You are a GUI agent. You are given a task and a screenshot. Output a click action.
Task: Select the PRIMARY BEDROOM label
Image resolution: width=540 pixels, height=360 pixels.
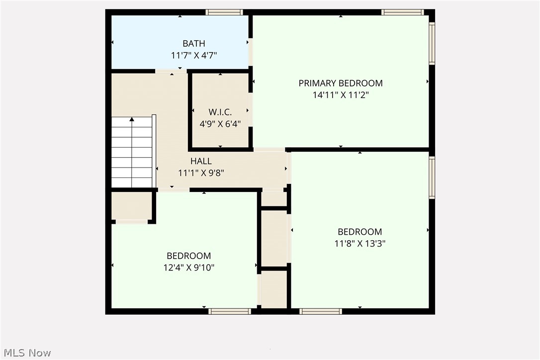(341, 83)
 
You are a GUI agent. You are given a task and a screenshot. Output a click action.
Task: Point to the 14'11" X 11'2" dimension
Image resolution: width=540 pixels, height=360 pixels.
(341, 95)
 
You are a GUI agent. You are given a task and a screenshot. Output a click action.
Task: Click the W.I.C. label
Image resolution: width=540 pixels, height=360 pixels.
(220, 112)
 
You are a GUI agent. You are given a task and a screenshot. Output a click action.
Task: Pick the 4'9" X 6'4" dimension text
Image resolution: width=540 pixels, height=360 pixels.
(220, 124)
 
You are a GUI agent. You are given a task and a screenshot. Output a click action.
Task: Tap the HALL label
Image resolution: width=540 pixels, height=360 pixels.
(201, 161)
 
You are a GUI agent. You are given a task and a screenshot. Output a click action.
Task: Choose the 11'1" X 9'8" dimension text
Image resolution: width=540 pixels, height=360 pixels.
(201, 173)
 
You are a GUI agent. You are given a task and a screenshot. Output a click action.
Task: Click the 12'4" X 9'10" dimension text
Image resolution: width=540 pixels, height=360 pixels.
(188, 268)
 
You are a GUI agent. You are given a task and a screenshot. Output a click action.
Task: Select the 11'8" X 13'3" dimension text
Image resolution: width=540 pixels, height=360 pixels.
(360, 244)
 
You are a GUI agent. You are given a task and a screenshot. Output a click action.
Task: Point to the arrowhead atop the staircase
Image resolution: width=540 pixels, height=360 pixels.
(132, 119)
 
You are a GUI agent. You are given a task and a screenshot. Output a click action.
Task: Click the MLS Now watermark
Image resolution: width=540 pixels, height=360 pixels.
(26, 353)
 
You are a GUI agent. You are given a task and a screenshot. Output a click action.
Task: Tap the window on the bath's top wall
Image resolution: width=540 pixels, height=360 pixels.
(224, 12)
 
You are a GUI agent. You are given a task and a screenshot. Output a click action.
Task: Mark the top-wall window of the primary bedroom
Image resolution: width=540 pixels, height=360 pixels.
(403, 12)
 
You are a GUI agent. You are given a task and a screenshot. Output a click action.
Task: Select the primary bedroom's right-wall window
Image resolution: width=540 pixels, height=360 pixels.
(432, 43)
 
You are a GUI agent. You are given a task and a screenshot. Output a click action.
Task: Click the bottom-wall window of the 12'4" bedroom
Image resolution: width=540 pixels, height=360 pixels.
(229, 311)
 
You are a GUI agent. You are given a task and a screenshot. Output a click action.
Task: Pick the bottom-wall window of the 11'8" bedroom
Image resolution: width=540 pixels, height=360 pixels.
(321, 311)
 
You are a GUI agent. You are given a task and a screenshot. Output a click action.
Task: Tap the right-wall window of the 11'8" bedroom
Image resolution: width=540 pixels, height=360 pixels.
(432, 178)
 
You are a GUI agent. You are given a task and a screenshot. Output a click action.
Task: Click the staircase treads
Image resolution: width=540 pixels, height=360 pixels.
(132, 154)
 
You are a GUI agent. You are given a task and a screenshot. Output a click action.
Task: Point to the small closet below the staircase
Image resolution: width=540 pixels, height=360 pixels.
(131, 206)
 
